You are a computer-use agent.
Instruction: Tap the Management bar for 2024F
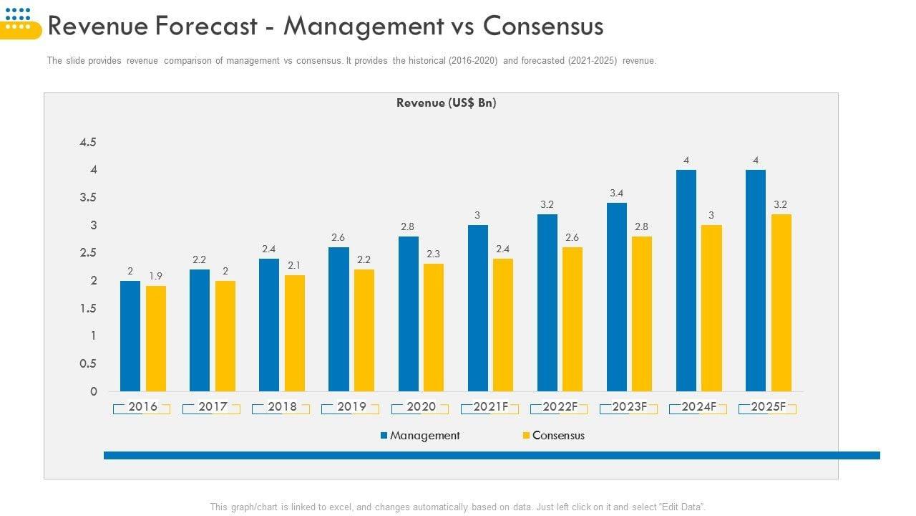(686, 280)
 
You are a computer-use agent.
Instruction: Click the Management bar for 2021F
(478, 308)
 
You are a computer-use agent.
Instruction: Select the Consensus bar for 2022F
(572, 319)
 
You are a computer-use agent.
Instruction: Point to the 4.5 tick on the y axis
(88, 142)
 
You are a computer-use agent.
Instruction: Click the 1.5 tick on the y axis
(88, 308)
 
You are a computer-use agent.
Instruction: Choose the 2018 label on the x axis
(282, 407)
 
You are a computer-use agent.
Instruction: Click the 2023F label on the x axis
(630, 407)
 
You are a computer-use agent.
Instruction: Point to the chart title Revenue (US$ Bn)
(447, 103)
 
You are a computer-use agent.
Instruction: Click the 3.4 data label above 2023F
(617, 193)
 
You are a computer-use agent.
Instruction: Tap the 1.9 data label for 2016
(156, 276)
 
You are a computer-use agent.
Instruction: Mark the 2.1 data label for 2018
(294, 265)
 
